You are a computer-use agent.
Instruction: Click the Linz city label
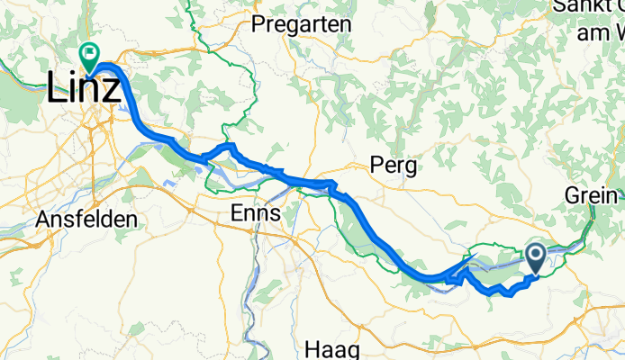(84, 88)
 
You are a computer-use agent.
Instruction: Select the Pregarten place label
(302, 24)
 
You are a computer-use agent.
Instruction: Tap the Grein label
(590, 195)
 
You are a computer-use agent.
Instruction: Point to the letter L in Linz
(56, 88)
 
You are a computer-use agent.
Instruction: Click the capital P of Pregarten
(259, 24)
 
